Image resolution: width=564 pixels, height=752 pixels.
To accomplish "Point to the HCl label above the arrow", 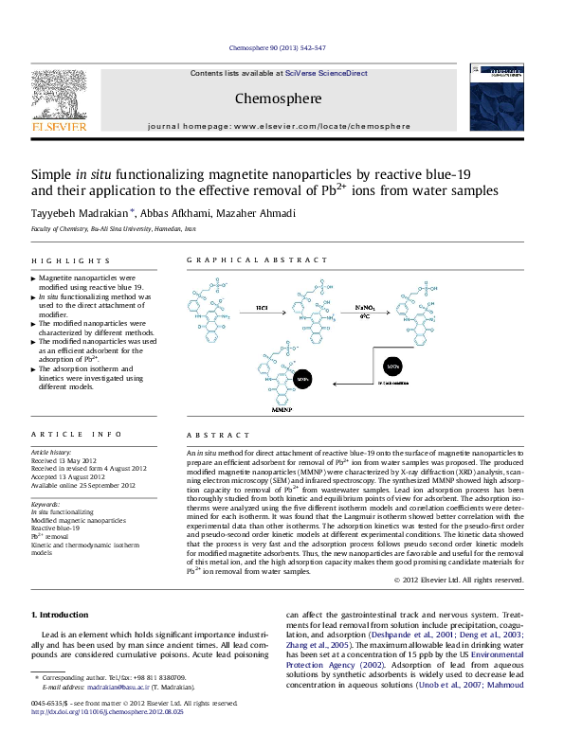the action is coord(262,308).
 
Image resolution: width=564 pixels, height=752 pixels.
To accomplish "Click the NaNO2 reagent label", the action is coord(365,308).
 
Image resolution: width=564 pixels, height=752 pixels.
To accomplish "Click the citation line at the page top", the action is coord(282,47).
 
